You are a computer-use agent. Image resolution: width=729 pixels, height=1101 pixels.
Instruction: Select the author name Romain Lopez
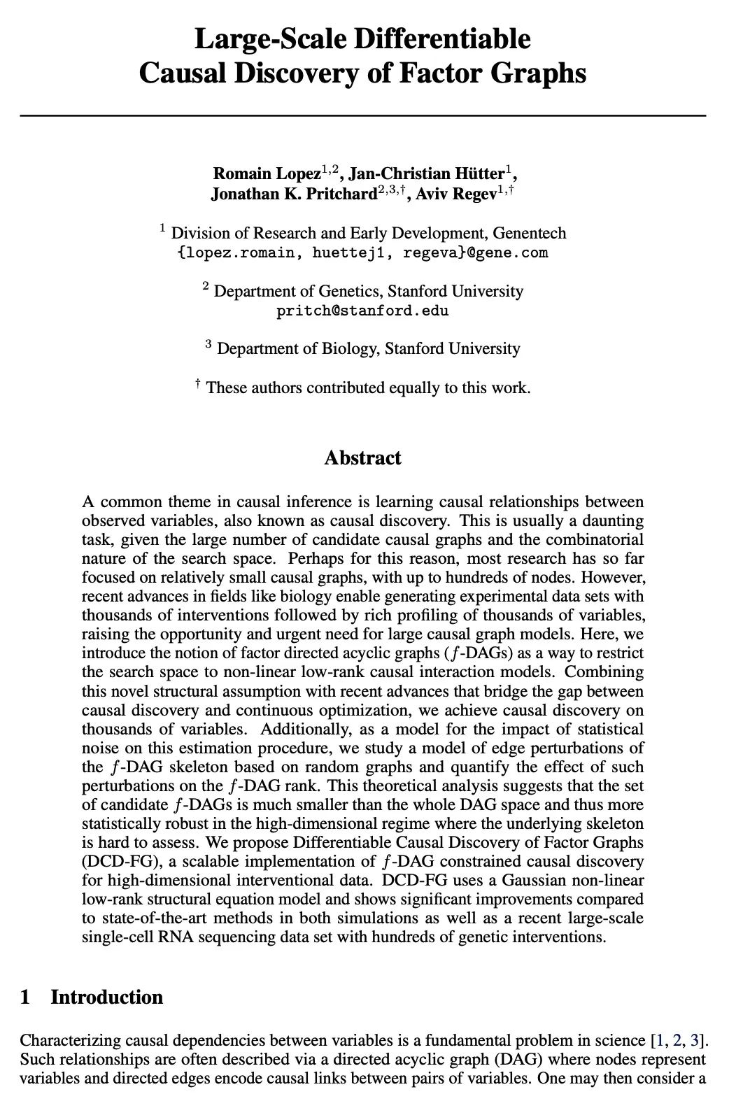pos(267,173)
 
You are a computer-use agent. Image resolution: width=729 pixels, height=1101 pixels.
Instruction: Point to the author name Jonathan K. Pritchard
pos(294,194)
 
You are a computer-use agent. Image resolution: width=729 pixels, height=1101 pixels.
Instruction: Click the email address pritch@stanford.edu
pos(362,311)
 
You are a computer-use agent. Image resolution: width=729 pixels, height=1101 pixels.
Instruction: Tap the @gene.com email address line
pos(362,253)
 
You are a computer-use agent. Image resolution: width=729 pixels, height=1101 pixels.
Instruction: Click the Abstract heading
pos(362,458)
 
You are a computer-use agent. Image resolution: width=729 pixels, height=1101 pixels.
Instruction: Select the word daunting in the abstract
pos(613,521)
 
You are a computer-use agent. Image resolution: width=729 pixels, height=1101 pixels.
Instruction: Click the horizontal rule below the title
pos(362,115)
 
